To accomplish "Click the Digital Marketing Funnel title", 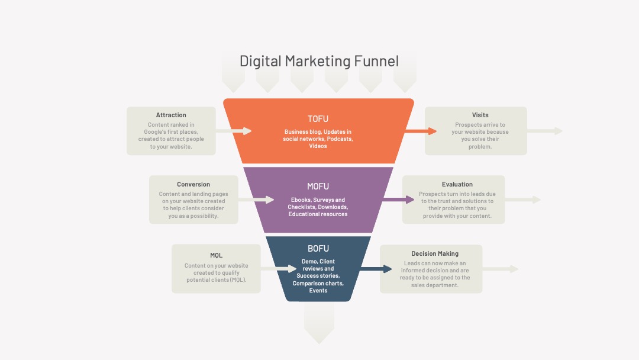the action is click(319, 61).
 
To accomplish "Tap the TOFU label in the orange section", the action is click(318, 119).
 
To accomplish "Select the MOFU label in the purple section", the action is click(318, 187).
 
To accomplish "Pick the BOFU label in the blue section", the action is click(318, 249).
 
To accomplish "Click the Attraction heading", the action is click(171, 115).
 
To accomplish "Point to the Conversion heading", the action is click(193, 184).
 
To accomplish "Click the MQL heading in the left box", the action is click(216, 255).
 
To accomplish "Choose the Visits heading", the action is click(480, 115).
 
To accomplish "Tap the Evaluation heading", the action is click(457, 184).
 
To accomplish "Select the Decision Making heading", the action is click(435, 253).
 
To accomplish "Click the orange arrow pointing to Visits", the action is click(421, 131).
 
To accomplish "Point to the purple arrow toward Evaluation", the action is click(398, 200).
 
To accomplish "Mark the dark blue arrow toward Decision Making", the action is click(376, 269).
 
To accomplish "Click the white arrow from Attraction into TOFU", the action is click(234, 131).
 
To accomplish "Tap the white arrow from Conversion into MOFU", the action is click(256, 200).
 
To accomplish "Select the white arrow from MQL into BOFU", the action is click(278, 269).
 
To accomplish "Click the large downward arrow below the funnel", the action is click(319, 323).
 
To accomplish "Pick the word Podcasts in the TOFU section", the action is click(340, 139).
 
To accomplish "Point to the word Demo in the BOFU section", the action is click(309, 262).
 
